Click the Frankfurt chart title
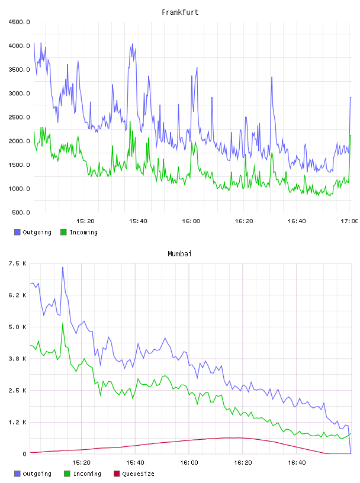pos(180,12)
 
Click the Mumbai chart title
pos(179,254)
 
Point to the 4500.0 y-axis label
pos(20,22)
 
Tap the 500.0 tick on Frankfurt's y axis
pos(21,212)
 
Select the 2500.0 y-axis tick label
pos(20,117)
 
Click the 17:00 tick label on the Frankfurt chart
pos(349,221)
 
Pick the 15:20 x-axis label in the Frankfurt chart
pos(85,221)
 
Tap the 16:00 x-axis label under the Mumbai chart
pos(189,463)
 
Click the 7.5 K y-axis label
pos(18,263)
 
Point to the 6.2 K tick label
pos(18,295)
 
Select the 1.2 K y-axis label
pos(18,422)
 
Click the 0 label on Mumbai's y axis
pos(25,454)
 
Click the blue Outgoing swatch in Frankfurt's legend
pos(17,232)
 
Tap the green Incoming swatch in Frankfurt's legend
pos(63,232)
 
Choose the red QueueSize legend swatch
pos(117,474)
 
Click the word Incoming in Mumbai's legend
pos(87,474)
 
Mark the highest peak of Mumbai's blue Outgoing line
pos(63,268)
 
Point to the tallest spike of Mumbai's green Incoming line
pos(63,323)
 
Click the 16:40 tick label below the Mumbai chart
pos(297,463)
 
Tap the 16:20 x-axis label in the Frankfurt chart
pos(244,221)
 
